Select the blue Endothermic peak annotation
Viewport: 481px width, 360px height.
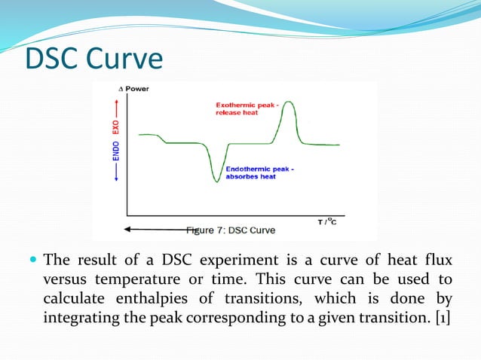[x=260, y=173]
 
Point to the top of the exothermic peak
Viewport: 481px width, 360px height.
[x=287, y=104]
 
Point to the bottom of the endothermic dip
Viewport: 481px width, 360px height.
[x=216, y=180]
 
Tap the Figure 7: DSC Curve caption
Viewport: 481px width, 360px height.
[x=231, y=230]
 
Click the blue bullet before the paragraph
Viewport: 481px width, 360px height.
[x=32, y=261]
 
